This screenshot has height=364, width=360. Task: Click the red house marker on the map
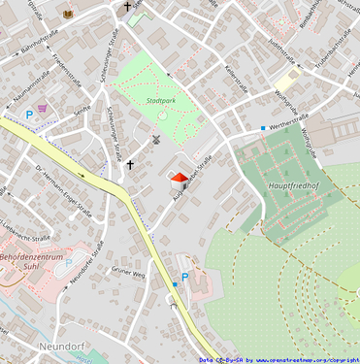(x=179, y=179)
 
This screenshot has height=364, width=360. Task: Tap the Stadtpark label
(x=161, y=100)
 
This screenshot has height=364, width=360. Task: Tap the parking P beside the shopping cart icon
(x=29, y=116)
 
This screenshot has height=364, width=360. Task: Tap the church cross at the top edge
(x=127, y=7)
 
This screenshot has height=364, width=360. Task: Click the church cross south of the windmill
(x=130, y=164)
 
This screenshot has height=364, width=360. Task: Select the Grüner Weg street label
(x=127, y=272)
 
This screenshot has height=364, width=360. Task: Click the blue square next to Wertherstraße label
(x=262, y=127)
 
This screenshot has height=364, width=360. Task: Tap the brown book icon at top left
(x=68, y=14)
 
